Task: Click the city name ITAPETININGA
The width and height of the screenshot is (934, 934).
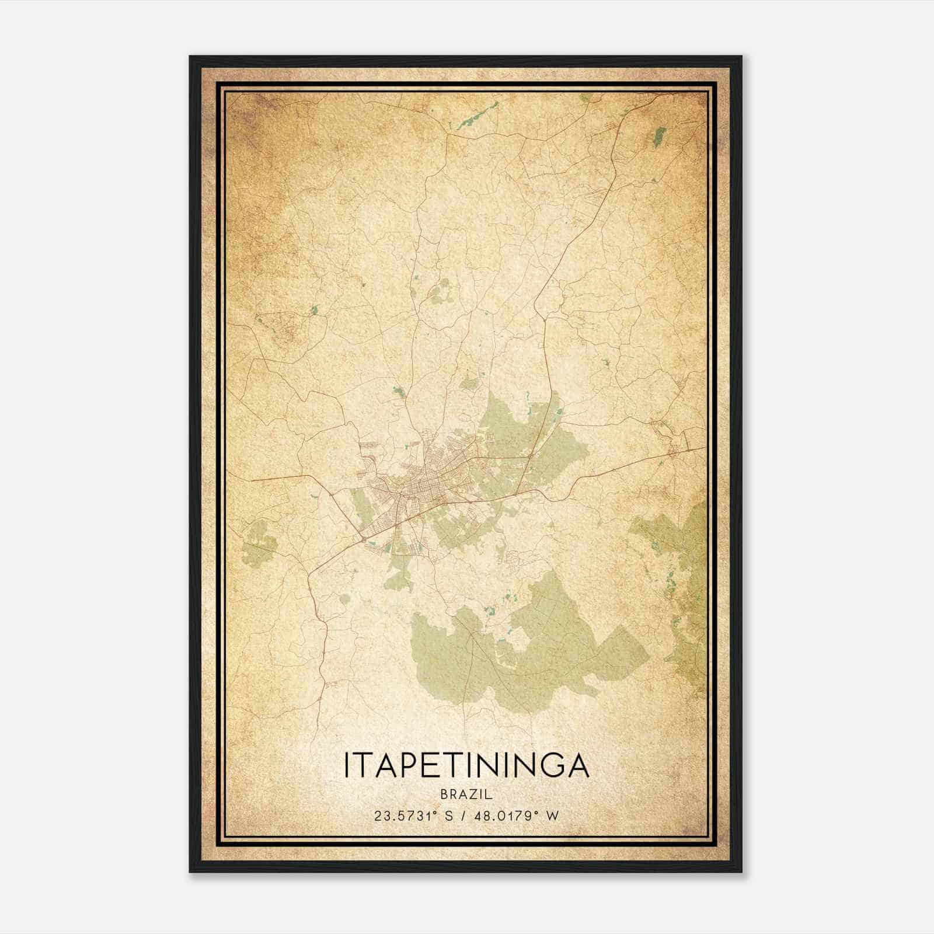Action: click(466, 765)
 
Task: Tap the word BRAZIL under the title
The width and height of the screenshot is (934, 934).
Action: click(466, 795)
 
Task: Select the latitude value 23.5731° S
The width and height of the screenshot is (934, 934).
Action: click(414, 815)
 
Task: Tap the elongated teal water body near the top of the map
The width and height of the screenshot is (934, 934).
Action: click(478, 115)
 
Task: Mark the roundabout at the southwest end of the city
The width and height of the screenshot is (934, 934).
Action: click(366, 541)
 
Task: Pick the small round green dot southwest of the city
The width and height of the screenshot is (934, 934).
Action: click(344, 598)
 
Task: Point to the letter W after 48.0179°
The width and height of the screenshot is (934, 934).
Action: click(552, 815)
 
